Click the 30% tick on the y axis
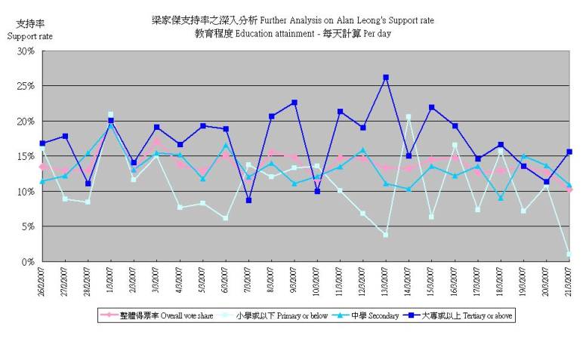click(26, 51)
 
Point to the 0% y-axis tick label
click(29, 261)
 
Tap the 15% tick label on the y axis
click(26, 156)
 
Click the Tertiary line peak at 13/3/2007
click(386, 77)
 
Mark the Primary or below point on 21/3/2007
click(569, 254)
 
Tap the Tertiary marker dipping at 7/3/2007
click(248, 200)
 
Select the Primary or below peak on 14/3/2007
click(409, 117)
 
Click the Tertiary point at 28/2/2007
click(88, 183)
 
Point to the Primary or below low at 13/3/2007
click(386, 235)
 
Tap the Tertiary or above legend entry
click(464, 315)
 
